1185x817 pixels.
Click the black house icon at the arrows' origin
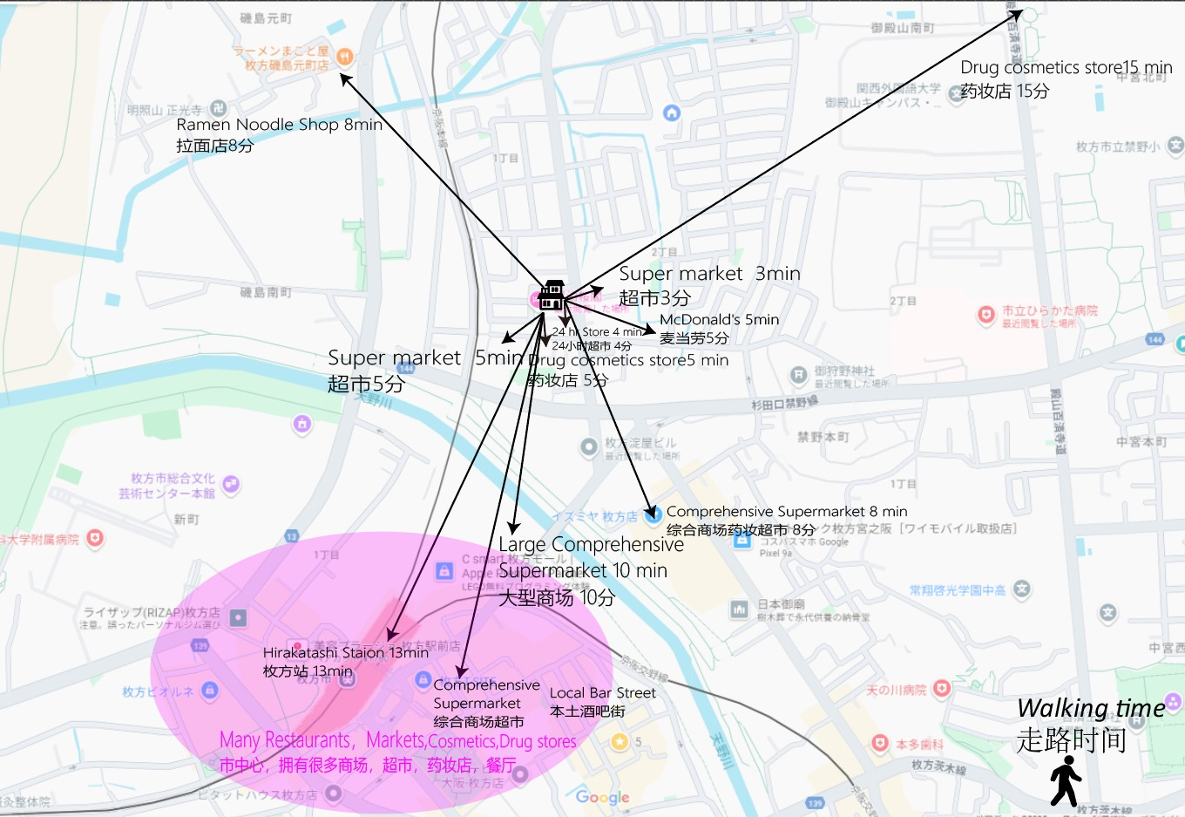(551, 296)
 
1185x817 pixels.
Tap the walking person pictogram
(1065, 780)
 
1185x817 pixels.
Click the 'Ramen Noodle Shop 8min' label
(279, 125)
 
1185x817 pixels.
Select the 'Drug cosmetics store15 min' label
(1066, 68)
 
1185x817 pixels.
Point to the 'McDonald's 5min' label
(719, 320)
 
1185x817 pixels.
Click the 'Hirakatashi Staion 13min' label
(345, 652)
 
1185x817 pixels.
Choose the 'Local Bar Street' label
(602, 693)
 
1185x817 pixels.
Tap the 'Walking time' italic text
(1091, 708)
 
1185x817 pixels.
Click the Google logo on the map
(602, 796)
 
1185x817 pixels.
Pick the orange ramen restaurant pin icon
(344, 58)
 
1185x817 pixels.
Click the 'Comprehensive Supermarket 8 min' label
(786, 512)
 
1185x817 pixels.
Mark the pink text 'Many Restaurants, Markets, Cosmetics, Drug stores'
(397, 741)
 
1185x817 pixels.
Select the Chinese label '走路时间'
(1071, 740)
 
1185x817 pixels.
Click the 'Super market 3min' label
(709, 274)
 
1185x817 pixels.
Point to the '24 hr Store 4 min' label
(597, 332)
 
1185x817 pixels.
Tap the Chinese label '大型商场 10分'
(556, 598)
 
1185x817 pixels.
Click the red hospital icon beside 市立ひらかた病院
(985, 315)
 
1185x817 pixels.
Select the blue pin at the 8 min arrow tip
(653, 515)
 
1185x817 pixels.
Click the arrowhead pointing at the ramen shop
(346, 79)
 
